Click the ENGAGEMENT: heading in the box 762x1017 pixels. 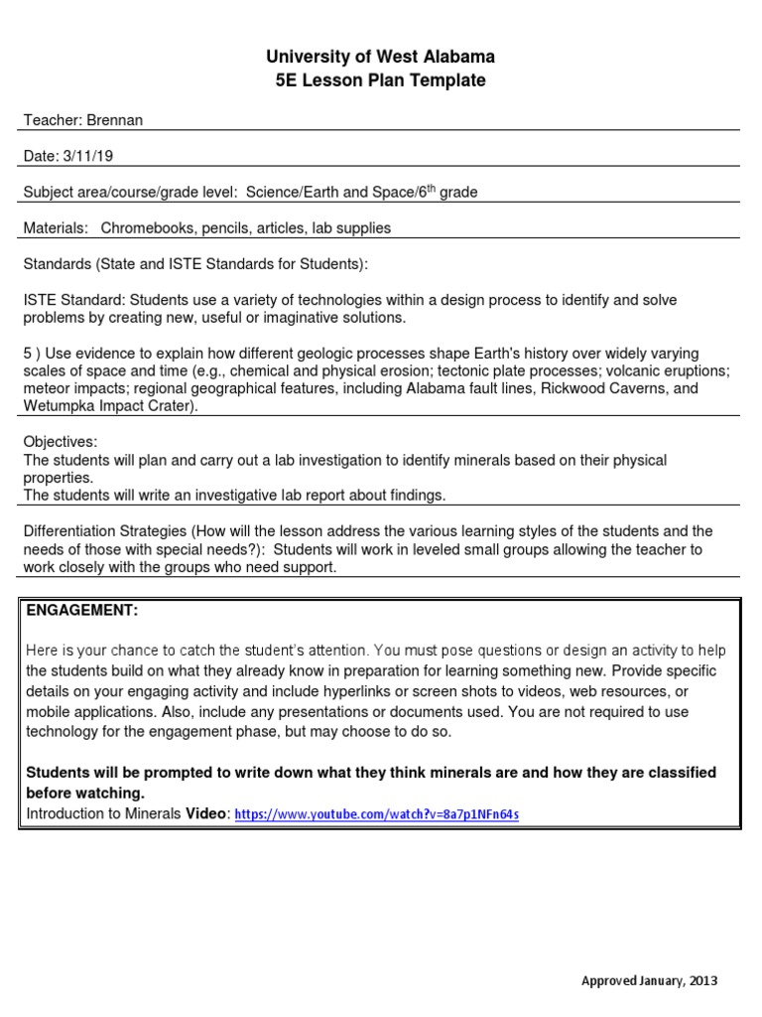(x=81, y=609)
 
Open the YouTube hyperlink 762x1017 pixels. (x=377, y=814)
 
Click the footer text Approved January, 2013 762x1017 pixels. (x=649, y=980)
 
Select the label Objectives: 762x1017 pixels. (x=61, y=441)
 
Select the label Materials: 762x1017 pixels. (x=56, y=227)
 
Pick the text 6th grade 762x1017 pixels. (x=443, y=192)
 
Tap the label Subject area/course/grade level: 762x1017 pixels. (x=130, y=192)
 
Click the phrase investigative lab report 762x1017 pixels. (x=256, y=495)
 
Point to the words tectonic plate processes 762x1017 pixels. (x=506, y=370)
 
